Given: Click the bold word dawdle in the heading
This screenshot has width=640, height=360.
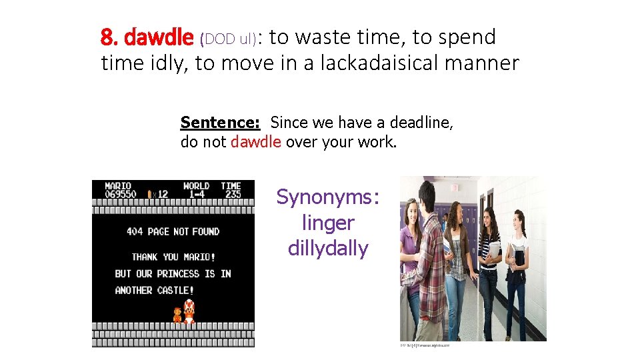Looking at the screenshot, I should [x=161, y=38].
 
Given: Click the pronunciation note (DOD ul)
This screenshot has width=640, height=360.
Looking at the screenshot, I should [x=228, y=40].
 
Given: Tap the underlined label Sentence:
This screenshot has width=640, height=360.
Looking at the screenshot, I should [x=220, y=123].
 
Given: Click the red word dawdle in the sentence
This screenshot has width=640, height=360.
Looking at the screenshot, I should [x=255, y=142].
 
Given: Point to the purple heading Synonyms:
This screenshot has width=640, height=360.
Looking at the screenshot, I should [x=327, y=197].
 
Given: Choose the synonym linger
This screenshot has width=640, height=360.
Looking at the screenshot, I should [x=327, y=223].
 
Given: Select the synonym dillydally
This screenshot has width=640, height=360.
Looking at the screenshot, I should [x=327, y=249].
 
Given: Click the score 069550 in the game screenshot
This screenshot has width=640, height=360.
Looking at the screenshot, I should [x=121, y=194].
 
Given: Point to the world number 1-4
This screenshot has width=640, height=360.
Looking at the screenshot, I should [x=196, y=194].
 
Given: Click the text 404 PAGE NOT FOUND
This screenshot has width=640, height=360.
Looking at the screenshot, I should [x=173, y=232].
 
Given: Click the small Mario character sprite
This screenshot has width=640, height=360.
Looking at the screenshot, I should [x=177, y=315].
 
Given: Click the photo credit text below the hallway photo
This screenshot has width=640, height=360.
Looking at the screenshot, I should [x=425, y=345].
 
